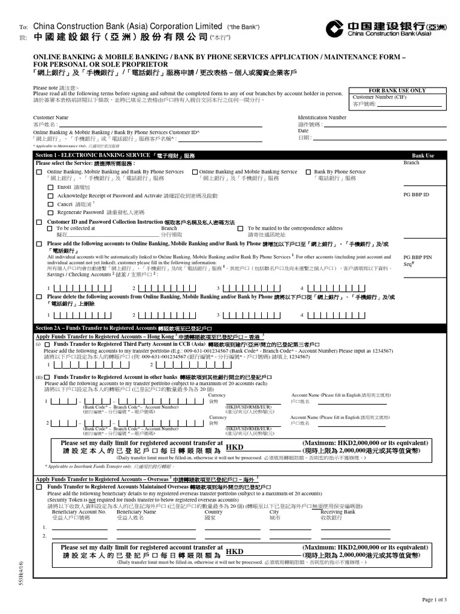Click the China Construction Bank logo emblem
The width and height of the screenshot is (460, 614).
coord(335,28)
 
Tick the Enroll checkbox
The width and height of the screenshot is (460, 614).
coord(50,187)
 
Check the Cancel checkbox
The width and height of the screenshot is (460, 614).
coord(50,204)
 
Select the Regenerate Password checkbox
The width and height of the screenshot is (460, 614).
coord(50,212)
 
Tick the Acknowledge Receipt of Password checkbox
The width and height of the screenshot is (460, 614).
coord(50,195)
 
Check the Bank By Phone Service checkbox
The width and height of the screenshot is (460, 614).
coord(308,171)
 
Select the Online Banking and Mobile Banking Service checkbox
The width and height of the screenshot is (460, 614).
coord(195,171)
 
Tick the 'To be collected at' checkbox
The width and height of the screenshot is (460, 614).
coord(50,228)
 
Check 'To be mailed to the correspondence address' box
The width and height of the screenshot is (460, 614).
coord(240,228)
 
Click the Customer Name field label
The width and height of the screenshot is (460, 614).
coord(51,118)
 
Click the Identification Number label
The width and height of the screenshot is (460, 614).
coord(322,118)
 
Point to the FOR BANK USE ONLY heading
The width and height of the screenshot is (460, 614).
coord(397,90)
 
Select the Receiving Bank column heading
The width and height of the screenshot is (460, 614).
coord(338,511)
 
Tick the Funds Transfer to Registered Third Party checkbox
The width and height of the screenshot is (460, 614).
coord(47,345)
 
